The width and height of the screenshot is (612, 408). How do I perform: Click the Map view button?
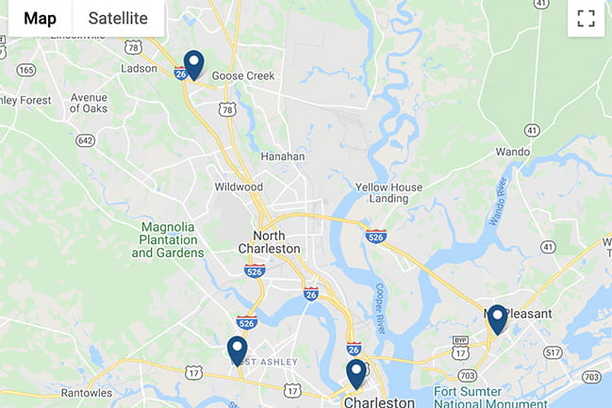click(40, 18)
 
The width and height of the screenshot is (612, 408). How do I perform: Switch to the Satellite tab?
click(118, 18)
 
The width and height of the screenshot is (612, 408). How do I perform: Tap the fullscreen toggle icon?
click(586, 19)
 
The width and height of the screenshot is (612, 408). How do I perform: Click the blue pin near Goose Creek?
click(193, 64)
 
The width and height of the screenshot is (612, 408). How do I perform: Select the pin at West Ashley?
click(237, 351)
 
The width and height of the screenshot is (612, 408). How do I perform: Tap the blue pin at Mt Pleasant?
click(497, 319)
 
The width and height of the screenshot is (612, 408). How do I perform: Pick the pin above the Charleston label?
click(356, 373)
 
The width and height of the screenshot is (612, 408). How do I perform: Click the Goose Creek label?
click(242, 76)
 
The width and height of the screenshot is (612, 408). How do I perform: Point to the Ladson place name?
click(140, 69)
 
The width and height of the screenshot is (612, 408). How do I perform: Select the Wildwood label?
click(238, 187)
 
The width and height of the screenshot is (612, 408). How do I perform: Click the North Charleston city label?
click(276, 242)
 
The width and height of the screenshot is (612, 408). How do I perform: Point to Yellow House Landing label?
click(389, 192)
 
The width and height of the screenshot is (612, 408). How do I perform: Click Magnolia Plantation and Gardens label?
click(173, 239)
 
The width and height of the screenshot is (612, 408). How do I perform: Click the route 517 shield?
click(553, 352)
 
